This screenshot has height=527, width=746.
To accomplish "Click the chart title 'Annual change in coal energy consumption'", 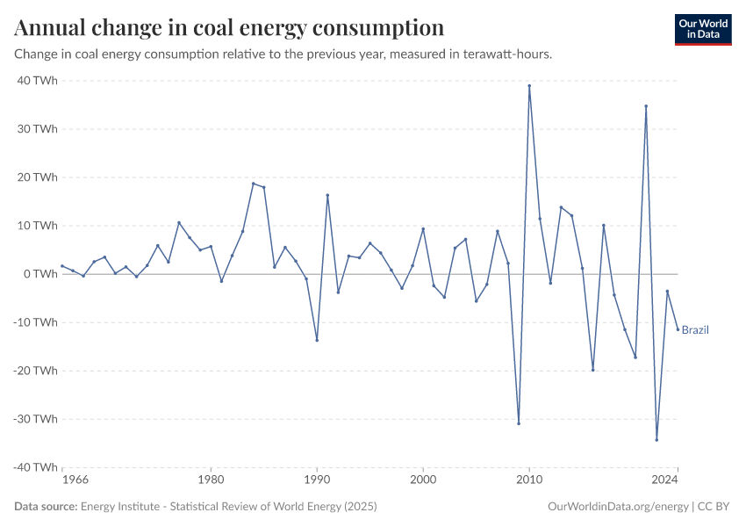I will click(229, 28).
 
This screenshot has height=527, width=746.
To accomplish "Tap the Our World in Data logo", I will click(702, 29).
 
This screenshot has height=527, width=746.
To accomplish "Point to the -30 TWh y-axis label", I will click(35, 419).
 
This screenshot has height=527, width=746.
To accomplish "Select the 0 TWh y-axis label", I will click(40, 274).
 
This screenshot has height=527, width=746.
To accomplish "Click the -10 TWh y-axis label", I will click(35, 322).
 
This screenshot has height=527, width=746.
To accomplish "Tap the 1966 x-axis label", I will click(75, 480).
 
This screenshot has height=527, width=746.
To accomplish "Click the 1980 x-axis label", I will click(211, 480).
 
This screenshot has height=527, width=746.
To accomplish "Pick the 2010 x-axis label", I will click(529, 480).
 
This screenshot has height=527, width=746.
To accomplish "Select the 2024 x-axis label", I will click(665, 480).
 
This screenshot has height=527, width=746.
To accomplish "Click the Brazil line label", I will click(695, 330).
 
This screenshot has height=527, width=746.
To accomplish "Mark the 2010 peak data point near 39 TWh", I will click(529, 85).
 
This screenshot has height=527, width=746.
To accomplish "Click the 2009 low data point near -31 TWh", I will click(519, 423).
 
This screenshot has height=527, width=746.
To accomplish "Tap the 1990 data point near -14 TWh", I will click(317, 340).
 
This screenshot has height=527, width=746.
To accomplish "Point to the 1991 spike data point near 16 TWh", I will click(327, 195).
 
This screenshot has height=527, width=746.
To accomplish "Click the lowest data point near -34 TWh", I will click(656, 440).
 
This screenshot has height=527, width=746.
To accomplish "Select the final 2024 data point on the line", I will click(678, 329).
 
